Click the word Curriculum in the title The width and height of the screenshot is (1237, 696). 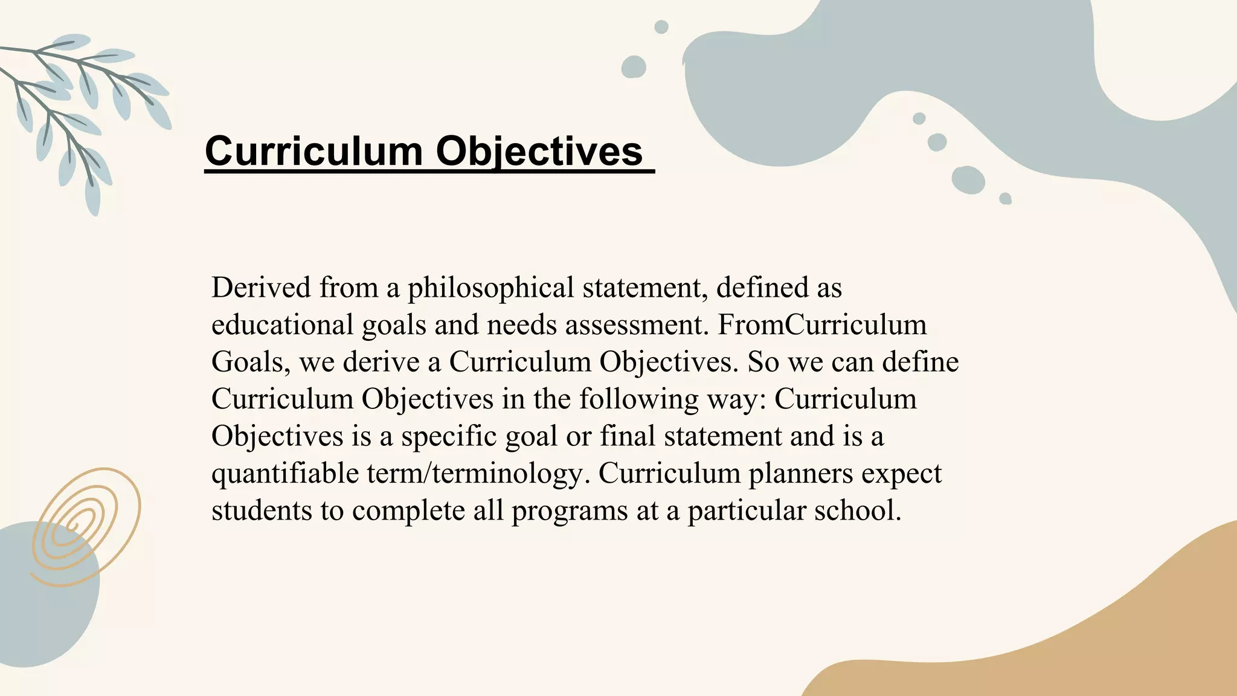pos(313,151)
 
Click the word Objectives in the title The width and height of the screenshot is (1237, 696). pos(539,151)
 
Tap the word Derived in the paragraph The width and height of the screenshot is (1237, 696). pos(261,288)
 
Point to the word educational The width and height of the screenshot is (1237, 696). pos(282,325)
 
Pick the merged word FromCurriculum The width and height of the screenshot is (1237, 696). pos(821,325)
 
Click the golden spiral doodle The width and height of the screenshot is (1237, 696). pos(85,526)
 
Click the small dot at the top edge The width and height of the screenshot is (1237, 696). pos(661,27)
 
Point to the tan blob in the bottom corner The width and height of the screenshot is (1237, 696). pos(1087,640)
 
